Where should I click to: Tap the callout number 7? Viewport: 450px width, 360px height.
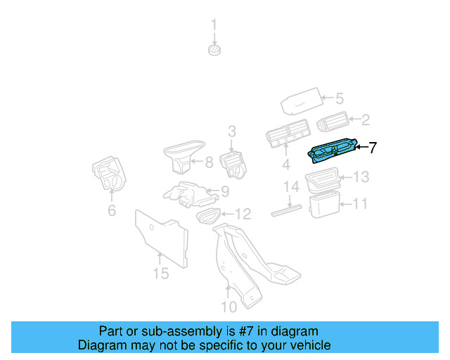click(373, 148)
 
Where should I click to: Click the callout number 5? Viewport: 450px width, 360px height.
click(338, 99)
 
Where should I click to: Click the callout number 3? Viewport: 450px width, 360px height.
click(231, 131)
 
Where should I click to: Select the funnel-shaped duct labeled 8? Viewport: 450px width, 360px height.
click(184, 155)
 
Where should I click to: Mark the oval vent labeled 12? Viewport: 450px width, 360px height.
click(207, 214)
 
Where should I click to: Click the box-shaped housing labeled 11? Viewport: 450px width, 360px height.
click(324, 205)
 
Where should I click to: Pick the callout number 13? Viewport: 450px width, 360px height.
click(361, 177)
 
